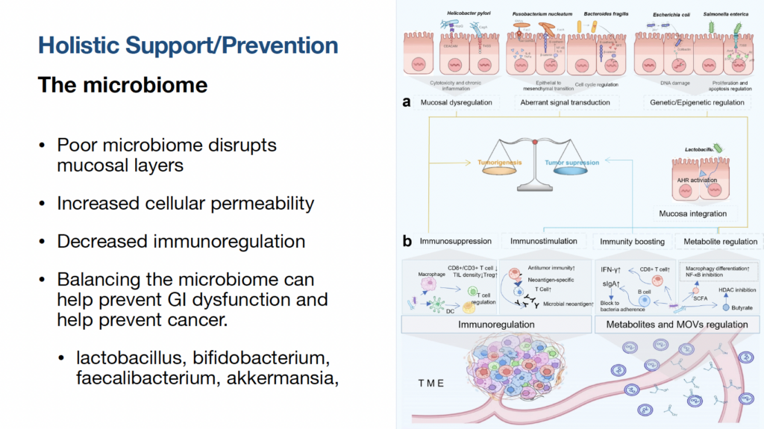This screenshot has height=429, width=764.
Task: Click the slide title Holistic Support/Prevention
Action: click(188, 46)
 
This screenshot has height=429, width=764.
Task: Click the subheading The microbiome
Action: click(122, 85)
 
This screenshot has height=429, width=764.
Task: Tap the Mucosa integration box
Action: click(693, 213)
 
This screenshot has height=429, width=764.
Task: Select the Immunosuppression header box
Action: click(455, 242)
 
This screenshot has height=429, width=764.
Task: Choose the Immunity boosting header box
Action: click(633, 242)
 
